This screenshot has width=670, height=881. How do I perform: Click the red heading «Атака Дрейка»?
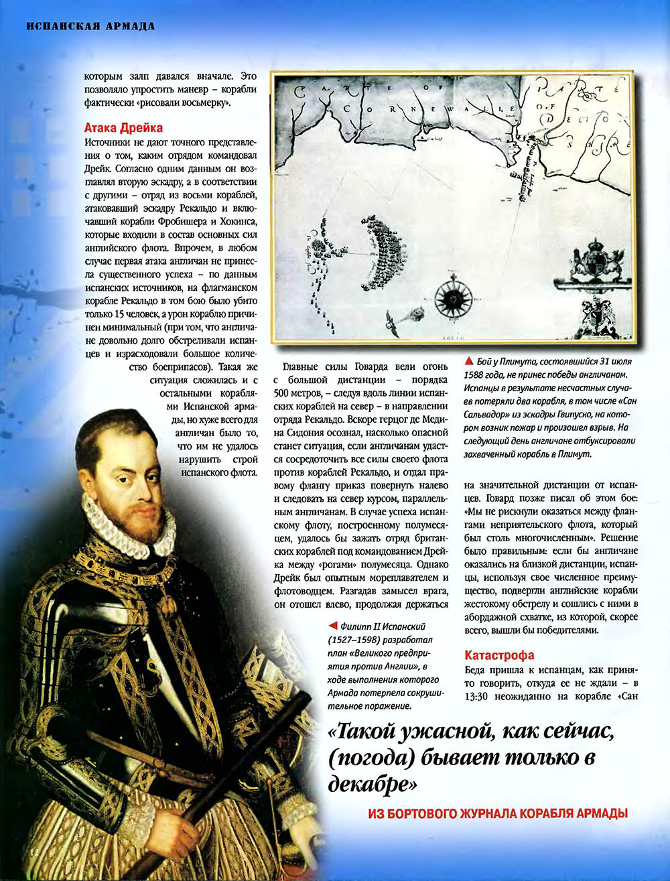[x=123, y=127]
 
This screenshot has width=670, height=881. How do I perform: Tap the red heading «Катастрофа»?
[x=499, y=655]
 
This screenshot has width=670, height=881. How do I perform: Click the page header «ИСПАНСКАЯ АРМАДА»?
[x=90, y=27]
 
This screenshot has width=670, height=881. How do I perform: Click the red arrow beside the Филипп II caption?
[x=332, y=626]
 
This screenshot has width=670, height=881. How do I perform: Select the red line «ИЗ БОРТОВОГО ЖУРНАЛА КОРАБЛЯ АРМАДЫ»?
[x=498, y=813]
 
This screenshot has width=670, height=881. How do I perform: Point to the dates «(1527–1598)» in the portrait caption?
[x=357, y=639]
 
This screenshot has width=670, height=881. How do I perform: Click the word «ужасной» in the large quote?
[x=435, y=733]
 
